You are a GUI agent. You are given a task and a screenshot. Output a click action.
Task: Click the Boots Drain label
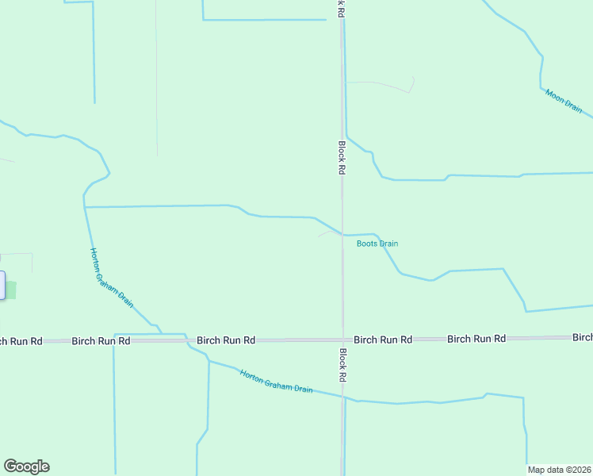[377, 244]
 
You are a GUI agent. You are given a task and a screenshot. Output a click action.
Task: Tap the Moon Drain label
[564, 101]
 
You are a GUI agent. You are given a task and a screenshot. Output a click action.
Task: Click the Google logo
[26, 466]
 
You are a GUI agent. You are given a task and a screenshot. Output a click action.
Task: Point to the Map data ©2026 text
[559, 470]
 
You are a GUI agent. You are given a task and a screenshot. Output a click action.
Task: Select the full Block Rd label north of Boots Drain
[342, 158]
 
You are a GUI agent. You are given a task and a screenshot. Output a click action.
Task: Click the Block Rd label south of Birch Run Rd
[343, 366]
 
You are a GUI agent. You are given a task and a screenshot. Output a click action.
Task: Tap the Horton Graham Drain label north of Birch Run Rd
[111, 277]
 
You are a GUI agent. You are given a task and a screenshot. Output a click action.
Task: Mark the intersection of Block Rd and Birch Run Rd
[342, 340]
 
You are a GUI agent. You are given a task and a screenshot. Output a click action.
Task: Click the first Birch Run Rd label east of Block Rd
[383, 340]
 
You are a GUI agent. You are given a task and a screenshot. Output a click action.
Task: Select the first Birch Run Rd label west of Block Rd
[226, 340]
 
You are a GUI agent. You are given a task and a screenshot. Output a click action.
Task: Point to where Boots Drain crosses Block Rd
[342, 235]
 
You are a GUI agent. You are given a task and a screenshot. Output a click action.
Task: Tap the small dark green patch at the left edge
[11, 290]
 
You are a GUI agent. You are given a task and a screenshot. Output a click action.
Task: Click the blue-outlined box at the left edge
[2, 286]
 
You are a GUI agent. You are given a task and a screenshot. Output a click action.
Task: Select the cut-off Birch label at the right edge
[583, 338]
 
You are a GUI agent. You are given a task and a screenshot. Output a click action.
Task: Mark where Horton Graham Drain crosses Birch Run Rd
[187, 340]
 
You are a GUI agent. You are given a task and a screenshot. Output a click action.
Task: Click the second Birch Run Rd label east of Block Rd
[476, 339]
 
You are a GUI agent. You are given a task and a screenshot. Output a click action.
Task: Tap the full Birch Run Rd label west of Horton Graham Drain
[101, 340]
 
